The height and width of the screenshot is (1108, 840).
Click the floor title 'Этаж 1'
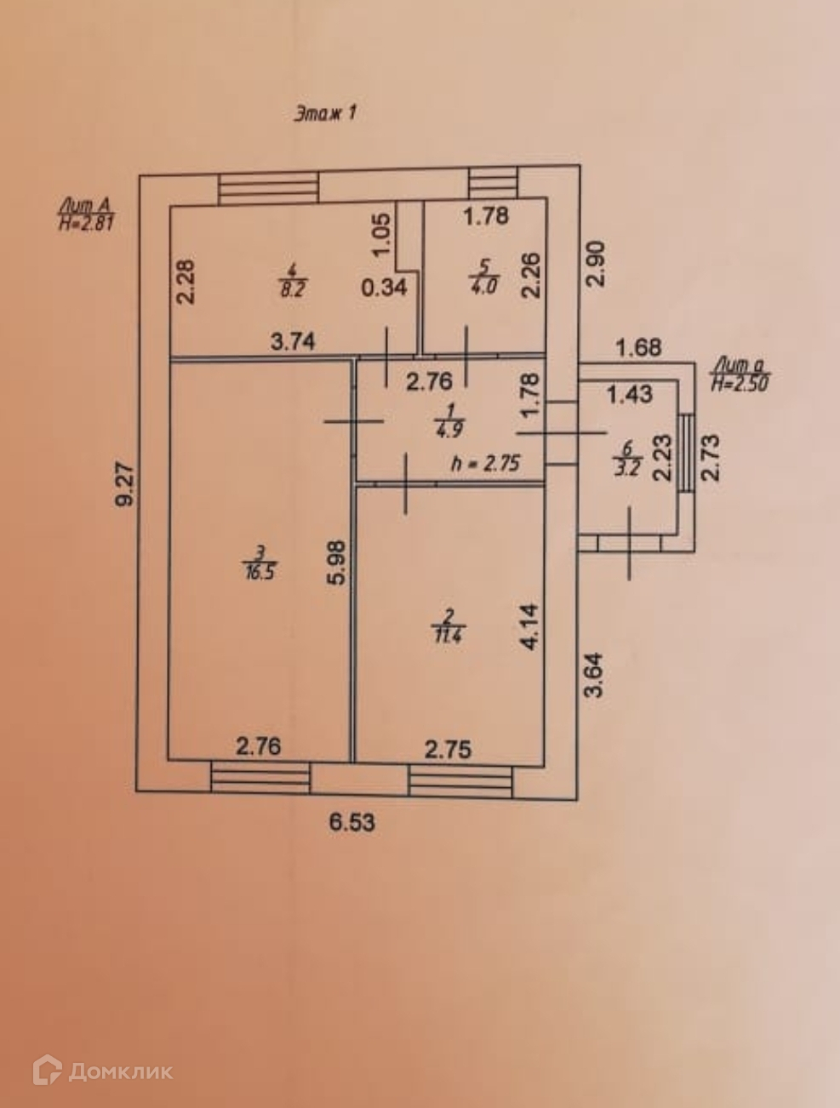coord(324,113)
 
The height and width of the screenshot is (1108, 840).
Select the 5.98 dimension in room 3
coord(337,563)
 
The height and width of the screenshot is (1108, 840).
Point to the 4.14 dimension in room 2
coord(529,627)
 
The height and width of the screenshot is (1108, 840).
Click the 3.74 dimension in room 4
coord(293,342)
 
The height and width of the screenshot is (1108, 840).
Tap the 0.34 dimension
coord(384,288)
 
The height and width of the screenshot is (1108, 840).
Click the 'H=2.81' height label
coord(85,225)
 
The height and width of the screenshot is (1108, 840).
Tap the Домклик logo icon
coord(47,1071)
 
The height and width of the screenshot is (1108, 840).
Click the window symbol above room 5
coord(494,184)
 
